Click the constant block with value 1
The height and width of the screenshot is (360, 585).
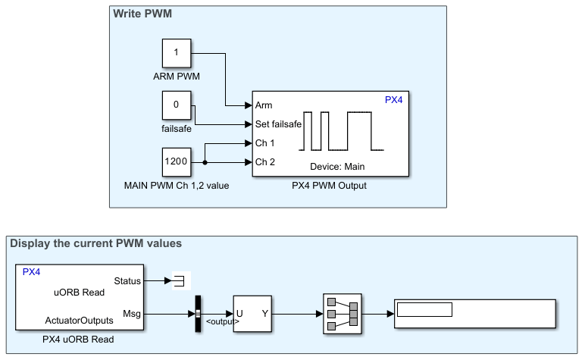pos(177,54)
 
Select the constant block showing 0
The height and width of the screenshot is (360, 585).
pos(177,105)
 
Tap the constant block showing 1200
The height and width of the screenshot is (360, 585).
pos(177,161)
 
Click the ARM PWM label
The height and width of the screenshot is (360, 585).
pos(176,77)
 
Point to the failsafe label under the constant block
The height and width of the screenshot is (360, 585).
pos(176,128)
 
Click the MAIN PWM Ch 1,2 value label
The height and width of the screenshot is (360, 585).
pos(176,185)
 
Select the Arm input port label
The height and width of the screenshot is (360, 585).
pos(264,105)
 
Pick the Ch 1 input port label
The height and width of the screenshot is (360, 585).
pos(264,142)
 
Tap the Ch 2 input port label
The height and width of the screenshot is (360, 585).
pos(264,161)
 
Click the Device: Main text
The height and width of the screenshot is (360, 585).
pos(337,166)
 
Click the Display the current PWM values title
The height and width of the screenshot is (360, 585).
pos(95,243)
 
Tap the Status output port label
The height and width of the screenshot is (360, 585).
pos(127,281)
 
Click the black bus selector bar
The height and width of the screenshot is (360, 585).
pos(197,312)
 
